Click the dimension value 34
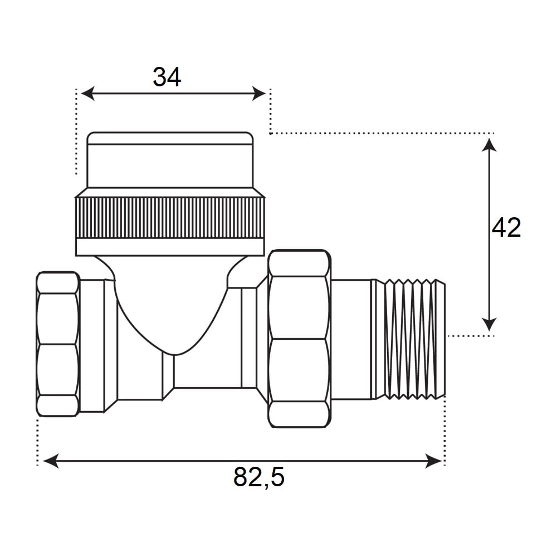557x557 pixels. [167, 77]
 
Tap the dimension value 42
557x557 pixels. [506, 227]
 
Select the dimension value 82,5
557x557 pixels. [259, 477]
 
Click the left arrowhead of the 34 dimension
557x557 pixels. [88, 94]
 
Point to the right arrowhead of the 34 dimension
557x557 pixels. [259, 94]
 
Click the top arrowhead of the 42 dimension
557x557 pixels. [489, 145]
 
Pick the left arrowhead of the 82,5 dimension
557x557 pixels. [51, 461]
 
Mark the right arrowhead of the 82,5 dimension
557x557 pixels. [433, 461]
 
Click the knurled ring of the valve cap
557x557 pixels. [170, 218]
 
